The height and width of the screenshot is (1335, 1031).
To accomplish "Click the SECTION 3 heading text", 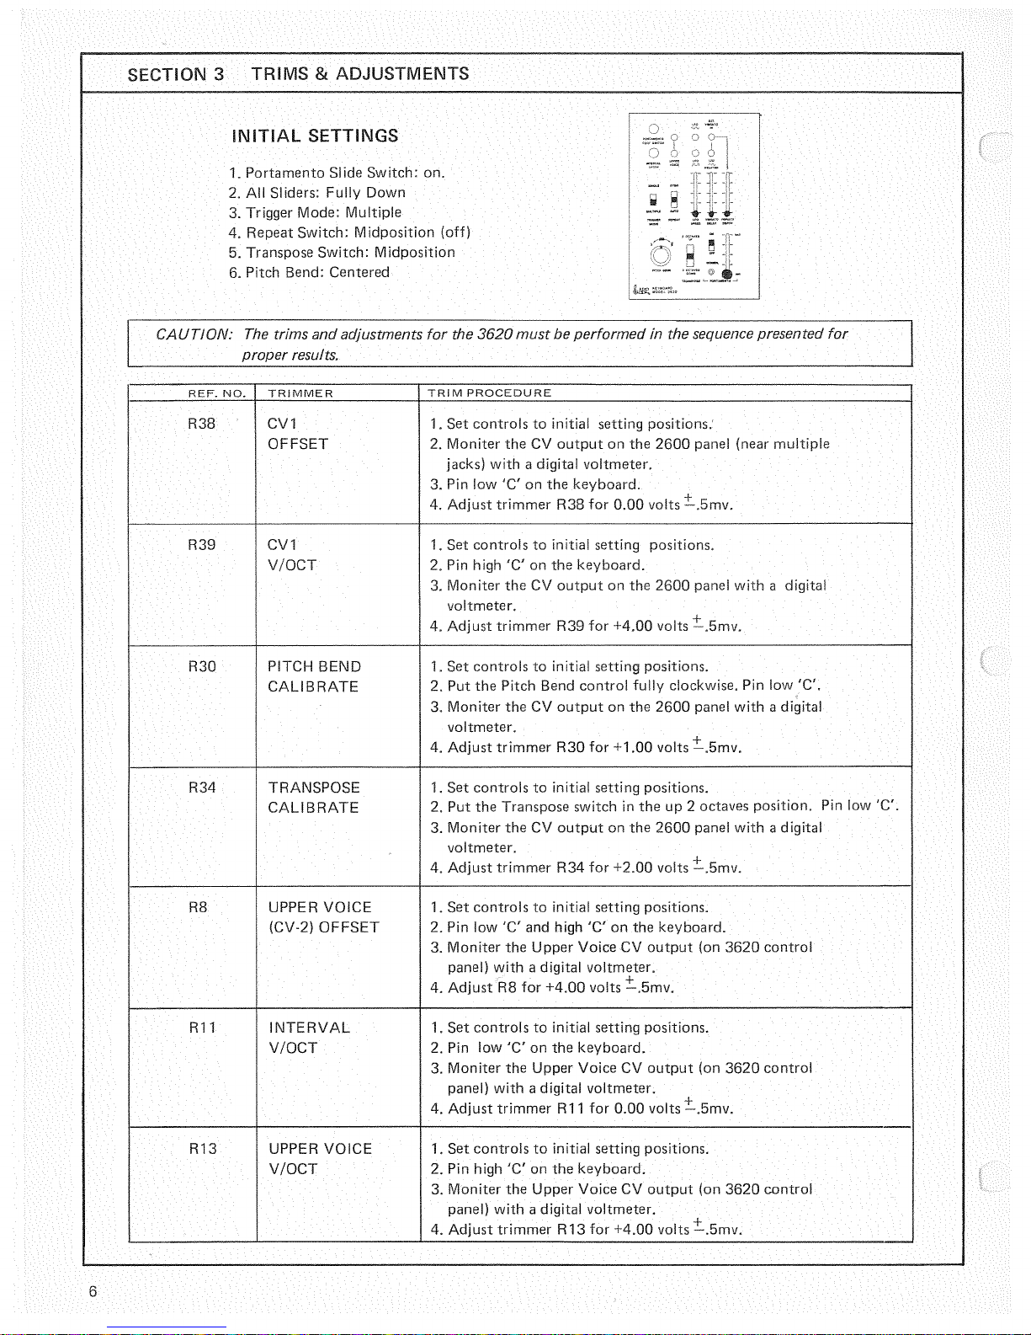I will click(x=176, y=74).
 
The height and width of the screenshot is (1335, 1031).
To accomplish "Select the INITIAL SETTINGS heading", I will click(x=315, y=136).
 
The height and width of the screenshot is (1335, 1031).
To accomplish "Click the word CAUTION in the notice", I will click(x=194, y=334).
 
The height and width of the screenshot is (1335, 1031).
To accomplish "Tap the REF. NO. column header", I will click(x=216, y=393).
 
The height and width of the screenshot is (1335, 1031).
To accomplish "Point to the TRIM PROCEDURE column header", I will click(x=489, y=393).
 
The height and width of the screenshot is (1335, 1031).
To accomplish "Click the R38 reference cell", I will click(x=202, y=424).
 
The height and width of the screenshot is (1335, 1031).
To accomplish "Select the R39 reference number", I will click(x=202, y=545).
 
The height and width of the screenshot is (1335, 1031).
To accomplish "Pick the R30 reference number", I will click(x=202, y=666).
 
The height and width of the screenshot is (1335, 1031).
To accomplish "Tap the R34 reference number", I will click(x=202, y=788).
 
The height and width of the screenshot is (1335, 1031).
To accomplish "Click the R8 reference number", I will click(x=198, y=907).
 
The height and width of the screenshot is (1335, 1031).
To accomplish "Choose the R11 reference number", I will click(x=202, y=1028).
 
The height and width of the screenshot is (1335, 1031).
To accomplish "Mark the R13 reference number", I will click(x=202, y=1149).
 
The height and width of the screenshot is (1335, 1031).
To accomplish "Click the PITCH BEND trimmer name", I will click(x=314, y=666).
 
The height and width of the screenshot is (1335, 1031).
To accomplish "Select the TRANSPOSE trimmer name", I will click(x=314, y=788).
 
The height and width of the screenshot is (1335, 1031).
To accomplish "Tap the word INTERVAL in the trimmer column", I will click(x=309, y=1028).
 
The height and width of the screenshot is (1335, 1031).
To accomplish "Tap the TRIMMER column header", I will click(x=300, y=393).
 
